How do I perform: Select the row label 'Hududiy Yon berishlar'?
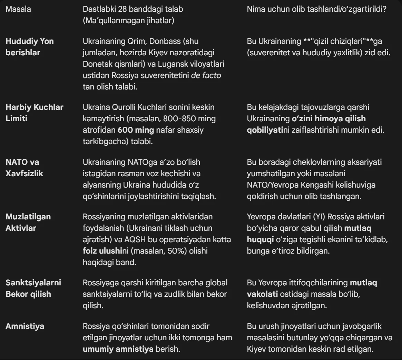pyautogui.click(x=30, y=47)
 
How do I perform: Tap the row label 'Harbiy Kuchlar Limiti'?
pyautogui.click(x=34, y=113)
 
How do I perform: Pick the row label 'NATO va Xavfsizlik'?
pyautogui.click(x=24, y=168)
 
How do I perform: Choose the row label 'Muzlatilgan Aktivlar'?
pyautogui.click(x=28, y=222)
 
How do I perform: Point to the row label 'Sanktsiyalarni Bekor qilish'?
pyautogui.click(x=33, y=288)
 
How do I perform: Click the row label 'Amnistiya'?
pyautogui.click(x=25, y=326)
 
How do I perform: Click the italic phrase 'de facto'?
pyautogui.click(x=206, y=75)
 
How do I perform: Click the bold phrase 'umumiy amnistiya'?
pyautogui.click(x=118, y=349)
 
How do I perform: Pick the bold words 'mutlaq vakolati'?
pyautogui.click(x=312, y=288)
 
